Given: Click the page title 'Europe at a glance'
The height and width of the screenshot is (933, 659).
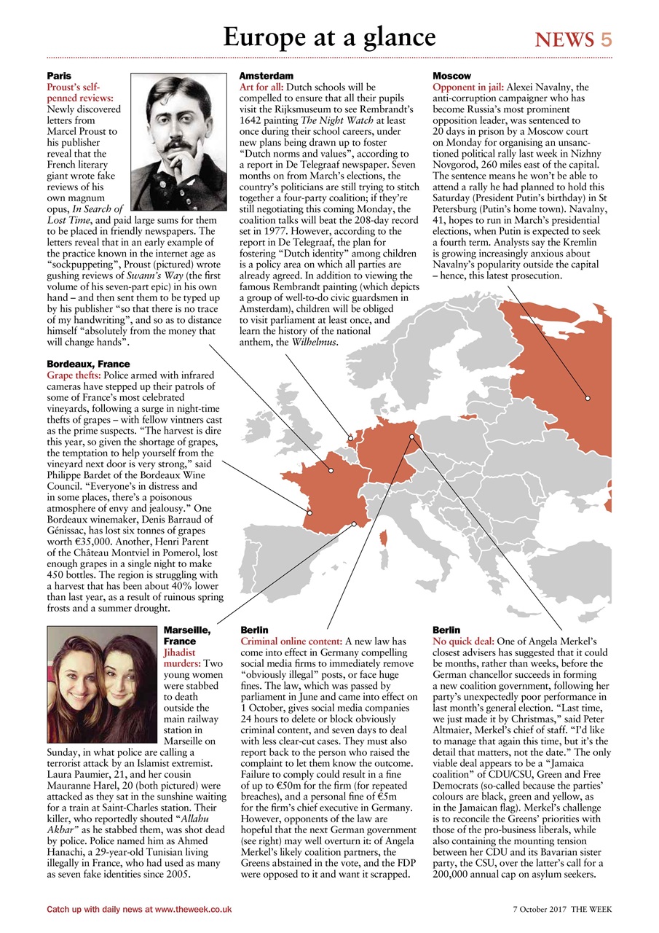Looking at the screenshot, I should pos(329,37).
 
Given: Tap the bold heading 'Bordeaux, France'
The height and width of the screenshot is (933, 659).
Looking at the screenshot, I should pos(88,364).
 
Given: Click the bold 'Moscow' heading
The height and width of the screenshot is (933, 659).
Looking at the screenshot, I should pos(451,76).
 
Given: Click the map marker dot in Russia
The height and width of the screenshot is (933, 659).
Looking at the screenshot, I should pos(587,398).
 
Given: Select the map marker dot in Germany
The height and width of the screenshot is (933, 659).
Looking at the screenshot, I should pos(411,437).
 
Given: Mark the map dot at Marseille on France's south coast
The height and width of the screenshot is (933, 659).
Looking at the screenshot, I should pos(354,523).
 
